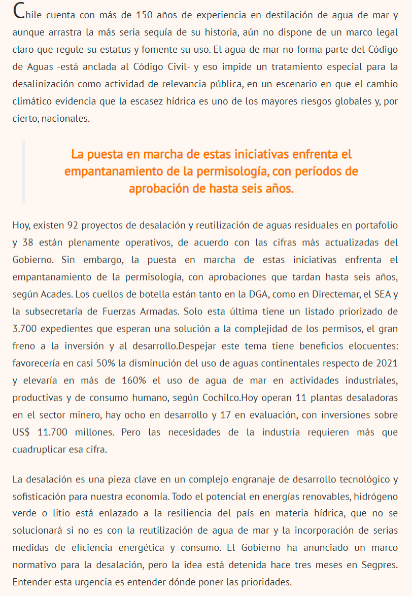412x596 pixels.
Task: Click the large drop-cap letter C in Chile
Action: [19, 11]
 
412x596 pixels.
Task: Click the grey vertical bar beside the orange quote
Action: [23, 171]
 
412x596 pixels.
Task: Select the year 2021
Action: [387, 363]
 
